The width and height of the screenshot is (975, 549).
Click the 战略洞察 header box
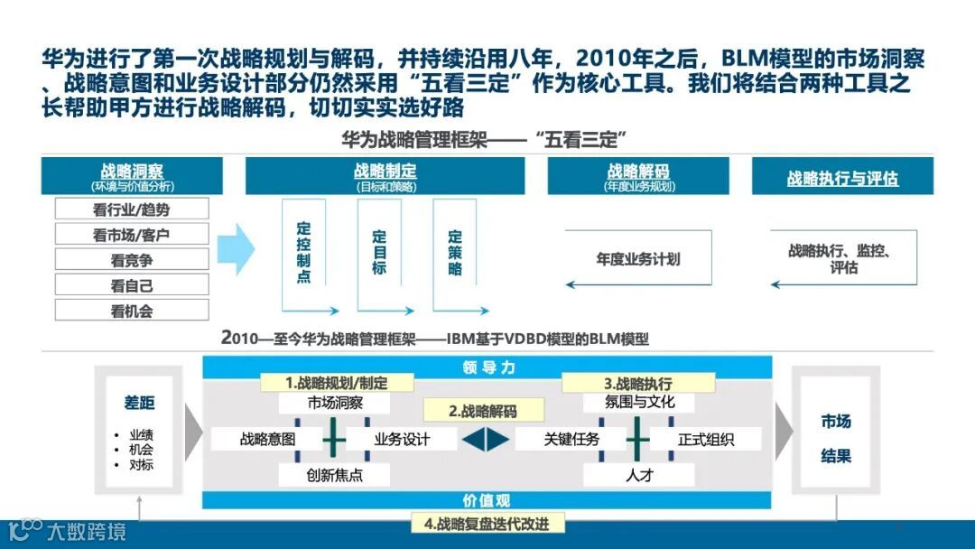point(132,175)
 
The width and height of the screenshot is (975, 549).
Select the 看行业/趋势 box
point(132,209)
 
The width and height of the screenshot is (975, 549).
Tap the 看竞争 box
point(132,259)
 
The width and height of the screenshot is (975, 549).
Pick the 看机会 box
point(132,310)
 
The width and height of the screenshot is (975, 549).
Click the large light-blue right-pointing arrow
point(237,248)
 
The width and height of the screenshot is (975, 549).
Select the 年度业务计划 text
point(637,259)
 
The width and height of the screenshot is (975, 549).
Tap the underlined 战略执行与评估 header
point(842,178)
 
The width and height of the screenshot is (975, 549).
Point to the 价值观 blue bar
point(487,500)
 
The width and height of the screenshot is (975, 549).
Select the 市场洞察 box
point(335,403)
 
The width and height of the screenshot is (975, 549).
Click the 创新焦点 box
point(335,474)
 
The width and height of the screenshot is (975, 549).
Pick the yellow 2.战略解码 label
point(483,411)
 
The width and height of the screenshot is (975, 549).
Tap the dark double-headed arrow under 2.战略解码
point(487,440)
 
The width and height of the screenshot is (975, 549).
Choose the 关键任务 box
point(571,440)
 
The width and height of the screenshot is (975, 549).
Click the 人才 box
point(639,474)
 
